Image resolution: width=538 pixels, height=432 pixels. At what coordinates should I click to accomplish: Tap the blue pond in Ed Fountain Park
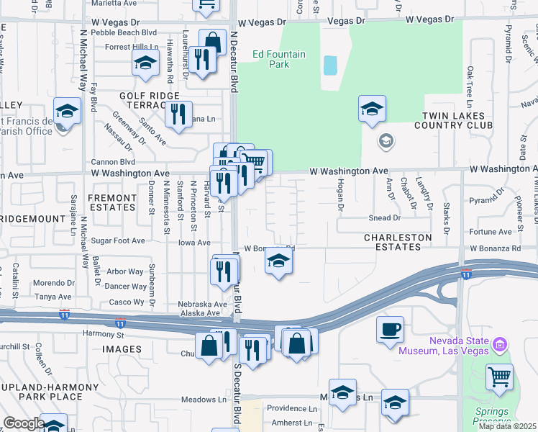(x=330, y=66)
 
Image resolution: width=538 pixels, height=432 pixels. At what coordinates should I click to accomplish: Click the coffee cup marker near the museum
(x=390, y=330)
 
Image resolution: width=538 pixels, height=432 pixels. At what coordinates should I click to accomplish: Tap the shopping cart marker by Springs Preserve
(x=499, y=377)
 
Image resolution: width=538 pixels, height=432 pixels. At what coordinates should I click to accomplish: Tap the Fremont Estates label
(x=111, y=202)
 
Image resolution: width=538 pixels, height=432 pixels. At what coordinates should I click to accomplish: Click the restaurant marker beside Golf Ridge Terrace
(x=178, y=114)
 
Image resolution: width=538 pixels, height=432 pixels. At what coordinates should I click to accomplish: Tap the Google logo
(x=24, y=423)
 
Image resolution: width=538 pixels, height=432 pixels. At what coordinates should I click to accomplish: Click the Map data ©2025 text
(x=507, y=426)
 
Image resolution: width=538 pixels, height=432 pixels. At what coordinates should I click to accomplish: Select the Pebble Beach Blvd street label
(x=129, y=33)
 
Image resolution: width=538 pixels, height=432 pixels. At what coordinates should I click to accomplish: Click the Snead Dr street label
(x=385, y=218)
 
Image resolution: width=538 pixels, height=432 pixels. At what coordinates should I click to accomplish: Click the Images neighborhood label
(x=122, y=349)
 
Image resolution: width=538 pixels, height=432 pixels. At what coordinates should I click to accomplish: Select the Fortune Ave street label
(x=491, y=232)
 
